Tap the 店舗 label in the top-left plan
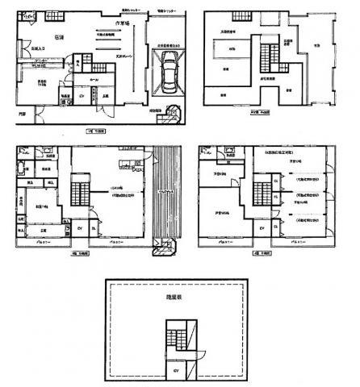(x=59, y=35)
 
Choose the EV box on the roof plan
(x=176, y=372)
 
